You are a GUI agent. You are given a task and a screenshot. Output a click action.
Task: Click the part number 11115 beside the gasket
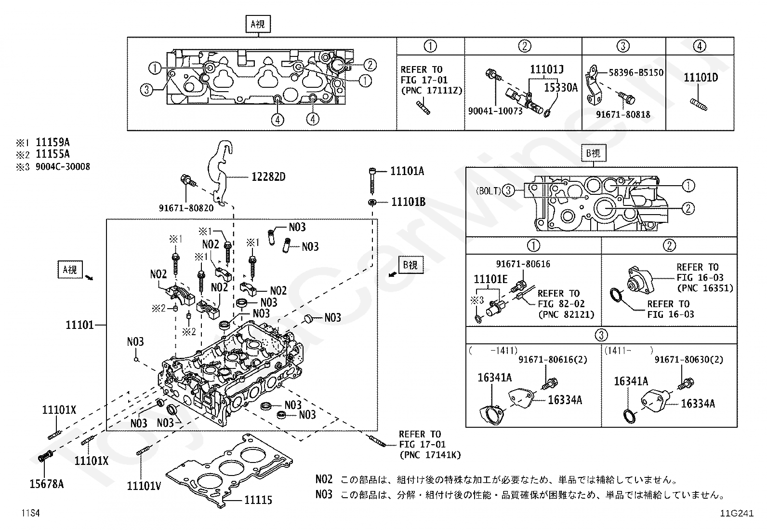[x=258, y=500]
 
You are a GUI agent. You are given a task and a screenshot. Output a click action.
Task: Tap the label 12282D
[x=268, y=177]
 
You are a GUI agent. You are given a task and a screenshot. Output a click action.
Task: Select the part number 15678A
[x=47, y=484]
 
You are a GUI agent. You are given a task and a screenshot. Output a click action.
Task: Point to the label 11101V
[x=144, y=486]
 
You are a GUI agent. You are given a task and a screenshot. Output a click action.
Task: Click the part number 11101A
[x=407, y=171]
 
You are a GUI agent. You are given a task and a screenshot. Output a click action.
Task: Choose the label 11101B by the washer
[x=408, y=202]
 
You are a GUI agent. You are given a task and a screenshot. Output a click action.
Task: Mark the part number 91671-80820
[x=186, y=208]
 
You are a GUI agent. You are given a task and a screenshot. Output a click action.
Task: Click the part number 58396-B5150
[x=636, y=73]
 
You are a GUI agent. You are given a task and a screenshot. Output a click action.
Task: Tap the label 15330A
[x=561, y=88]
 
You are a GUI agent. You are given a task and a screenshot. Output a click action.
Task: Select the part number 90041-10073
[x=495, y=111]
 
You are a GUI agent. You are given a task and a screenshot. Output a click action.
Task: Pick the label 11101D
[x=701, y=78]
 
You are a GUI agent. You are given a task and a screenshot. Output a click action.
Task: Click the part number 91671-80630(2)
[x=689, y=360]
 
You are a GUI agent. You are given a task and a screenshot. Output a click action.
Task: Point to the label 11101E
[x=490, y=279]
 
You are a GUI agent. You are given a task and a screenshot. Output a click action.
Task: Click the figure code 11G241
[x=737, y=513]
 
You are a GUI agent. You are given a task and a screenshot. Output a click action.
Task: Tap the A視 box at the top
[x=258, y=24]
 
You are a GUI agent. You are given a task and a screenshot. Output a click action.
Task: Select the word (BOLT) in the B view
[x=489, y=191]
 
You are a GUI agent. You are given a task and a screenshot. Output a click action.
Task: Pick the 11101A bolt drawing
[x=372, y=181]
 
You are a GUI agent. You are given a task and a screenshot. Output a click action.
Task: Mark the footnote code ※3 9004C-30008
[x=53, y=166]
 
